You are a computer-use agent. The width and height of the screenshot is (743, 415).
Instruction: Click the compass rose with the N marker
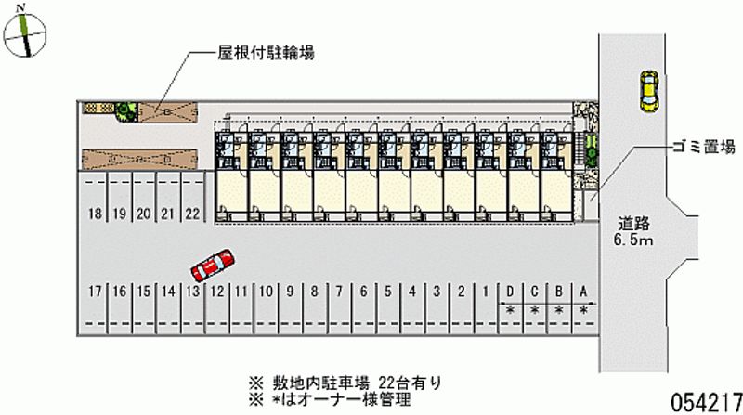click(25, 34)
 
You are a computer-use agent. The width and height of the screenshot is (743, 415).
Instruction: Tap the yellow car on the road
click(647, 91)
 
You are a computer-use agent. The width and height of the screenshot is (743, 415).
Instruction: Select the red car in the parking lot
click(213, 266)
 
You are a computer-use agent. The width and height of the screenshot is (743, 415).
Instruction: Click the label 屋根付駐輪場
click(266, 53)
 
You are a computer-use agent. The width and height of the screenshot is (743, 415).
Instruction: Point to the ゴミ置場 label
click(704, 147)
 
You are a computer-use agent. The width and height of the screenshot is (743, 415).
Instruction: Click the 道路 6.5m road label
click(633, 231)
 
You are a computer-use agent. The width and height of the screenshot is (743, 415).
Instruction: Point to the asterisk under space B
click(559, 311)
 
